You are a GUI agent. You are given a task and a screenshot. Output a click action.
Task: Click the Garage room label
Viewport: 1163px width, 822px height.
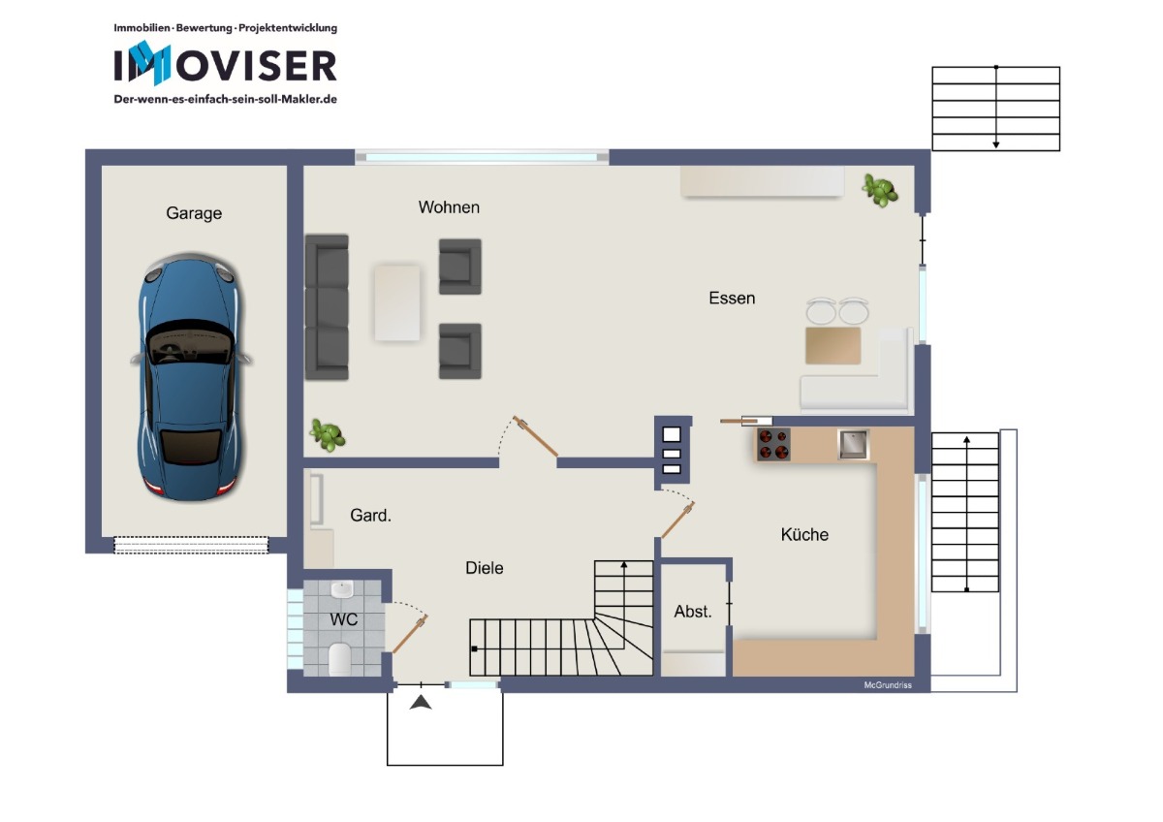[x=194, y=213]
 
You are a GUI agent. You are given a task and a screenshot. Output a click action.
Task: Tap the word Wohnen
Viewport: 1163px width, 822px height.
[x=449, y=207]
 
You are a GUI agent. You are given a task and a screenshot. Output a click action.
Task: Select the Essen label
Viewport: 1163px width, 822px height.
[x=732, y=298]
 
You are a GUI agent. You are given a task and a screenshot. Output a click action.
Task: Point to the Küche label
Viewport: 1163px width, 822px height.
[x=804, y=534]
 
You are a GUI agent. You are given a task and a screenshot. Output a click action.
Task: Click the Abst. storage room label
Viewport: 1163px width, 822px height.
[x=693, y=612]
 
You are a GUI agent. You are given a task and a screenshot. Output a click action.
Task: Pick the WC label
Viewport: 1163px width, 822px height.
[x=343, y=619]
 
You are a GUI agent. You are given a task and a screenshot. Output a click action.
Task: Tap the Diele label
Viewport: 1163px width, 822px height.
[x=484, y=568]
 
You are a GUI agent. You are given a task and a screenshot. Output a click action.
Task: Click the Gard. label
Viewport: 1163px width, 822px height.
[x=370, y=515]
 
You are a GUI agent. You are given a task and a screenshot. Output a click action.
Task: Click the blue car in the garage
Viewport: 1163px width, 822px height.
[x=192, y=377]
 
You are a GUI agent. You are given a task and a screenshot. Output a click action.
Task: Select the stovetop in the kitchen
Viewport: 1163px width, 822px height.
[x=773, y=444]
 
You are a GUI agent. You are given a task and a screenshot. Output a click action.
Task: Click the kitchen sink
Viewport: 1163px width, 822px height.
[x=853, y=444]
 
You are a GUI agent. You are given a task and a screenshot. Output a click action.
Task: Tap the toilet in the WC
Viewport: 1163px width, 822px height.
[x=340, y=659]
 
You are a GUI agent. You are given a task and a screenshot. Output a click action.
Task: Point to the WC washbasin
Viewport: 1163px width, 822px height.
[x=342, y=589]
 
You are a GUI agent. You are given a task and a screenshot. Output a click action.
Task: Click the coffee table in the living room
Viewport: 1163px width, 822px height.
[x=397, y=302]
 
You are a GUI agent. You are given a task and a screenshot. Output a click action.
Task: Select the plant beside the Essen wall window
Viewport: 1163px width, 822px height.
[x=880, y=191]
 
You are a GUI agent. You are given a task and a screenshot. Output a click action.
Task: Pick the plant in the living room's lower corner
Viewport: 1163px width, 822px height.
[x=328, y=434]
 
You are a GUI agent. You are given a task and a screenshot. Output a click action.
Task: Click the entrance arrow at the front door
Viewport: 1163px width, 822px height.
[x=421, y=703]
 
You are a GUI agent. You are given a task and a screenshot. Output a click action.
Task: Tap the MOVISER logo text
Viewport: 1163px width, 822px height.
[x=225, y=64]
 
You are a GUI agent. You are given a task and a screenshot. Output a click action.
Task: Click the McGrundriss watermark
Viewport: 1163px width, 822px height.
[x=888, y=685]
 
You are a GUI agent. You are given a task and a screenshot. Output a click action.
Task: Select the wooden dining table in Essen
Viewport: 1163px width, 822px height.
[x=833, y=345]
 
